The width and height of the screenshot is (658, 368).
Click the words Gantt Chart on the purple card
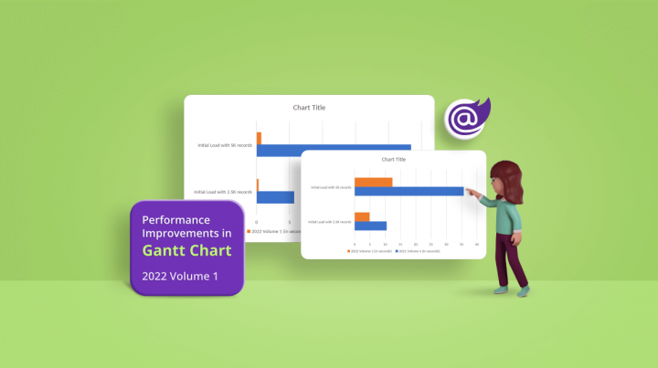187,250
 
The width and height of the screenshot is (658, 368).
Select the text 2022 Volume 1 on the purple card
180,277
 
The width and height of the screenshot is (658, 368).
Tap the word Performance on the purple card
176,220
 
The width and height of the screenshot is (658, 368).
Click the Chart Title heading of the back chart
309,108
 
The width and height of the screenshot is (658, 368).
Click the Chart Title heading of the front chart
393,160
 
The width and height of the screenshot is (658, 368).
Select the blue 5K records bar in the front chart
409,191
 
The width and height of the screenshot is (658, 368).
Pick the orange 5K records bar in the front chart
373,182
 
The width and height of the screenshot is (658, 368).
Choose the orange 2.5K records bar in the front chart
362,216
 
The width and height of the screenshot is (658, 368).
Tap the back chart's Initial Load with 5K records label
225,145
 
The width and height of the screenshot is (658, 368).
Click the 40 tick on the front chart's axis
478,245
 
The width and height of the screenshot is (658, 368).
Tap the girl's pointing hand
469,192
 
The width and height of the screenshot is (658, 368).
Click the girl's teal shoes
511,290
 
